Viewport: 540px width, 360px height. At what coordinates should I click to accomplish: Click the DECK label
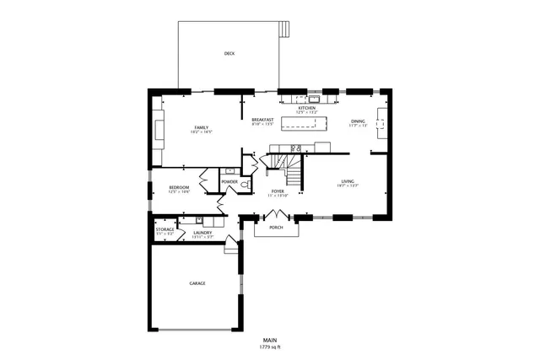[229, 53]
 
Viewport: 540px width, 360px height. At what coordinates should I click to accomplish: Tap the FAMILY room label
[201, 127]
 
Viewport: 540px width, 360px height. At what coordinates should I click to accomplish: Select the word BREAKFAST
[262, 120]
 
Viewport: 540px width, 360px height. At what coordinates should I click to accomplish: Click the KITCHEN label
[307, 108]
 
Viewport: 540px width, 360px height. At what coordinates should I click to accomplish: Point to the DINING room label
[358, 121]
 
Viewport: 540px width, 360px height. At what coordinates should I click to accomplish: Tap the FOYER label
[278, 191]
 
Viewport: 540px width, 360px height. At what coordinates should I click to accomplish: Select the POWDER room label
[229, 181]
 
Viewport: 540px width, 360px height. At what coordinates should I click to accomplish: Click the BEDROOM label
[179, 187]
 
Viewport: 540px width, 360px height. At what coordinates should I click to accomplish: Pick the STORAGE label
[165, 229]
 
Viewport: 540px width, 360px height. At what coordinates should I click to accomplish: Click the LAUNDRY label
[202, 233]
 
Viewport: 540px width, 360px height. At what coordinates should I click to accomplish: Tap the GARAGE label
[197, 283]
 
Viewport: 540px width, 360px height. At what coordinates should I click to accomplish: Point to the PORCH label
[275, 228]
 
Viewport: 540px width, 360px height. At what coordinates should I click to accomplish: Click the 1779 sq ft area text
[270, 347]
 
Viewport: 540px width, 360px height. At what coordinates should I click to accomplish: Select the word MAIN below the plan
[270, 340]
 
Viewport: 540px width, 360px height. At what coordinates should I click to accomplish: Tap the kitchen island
[304, 125]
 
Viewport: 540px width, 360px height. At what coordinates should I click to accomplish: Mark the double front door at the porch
[276, 214]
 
